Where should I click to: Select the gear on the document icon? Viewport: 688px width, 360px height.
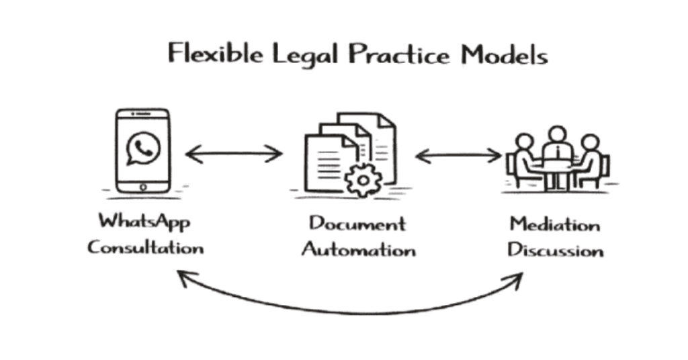[363, 179]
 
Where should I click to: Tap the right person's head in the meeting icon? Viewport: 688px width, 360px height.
[589, 143]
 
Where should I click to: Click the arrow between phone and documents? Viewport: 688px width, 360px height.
[234, 154]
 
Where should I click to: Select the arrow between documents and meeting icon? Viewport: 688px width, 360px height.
[458, 156]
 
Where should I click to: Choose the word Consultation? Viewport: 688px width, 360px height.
[145, 247]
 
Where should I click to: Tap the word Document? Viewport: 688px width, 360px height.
[357, 223]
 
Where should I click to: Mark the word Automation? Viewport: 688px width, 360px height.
[358, 250]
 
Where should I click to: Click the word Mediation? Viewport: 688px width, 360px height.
[554, 224]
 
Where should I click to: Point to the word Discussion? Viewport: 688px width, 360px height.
[555, 251]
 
